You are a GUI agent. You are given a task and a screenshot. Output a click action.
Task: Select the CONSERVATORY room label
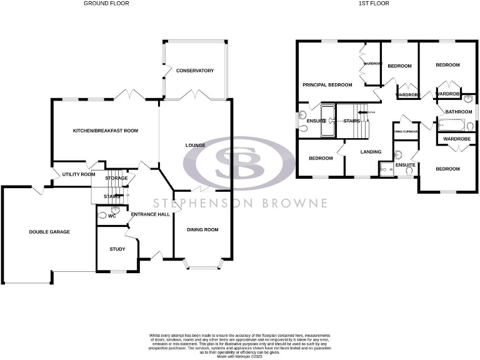coord(195,71)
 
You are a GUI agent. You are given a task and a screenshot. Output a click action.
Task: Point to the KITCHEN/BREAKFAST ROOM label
coord(106,131)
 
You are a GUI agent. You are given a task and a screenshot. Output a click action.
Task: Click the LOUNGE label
coord(195,146)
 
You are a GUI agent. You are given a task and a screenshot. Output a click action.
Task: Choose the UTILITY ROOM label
coord(79,174)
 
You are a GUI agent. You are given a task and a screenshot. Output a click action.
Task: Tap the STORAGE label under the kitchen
coord(116,178)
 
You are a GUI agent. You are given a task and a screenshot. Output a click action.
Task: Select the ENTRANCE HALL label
coord(150,214)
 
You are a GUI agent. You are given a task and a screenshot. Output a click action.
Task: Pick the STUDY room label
coord(117,249)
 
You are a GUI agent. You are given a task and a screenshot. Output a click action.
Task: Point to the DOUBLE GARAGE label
coord(49,232)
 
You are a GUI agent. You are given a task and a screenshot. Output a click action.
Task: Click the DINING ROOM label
coord(203,230)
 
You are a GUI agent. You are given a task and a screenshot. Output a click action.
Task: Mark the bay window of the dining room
coord(203,267)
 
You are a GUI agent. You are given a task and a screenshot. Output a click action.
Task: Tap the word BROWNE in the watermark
coord(296,203)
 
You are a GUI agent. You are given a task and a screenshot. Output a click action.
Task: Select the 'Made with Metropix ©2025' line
coord(240,356)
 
